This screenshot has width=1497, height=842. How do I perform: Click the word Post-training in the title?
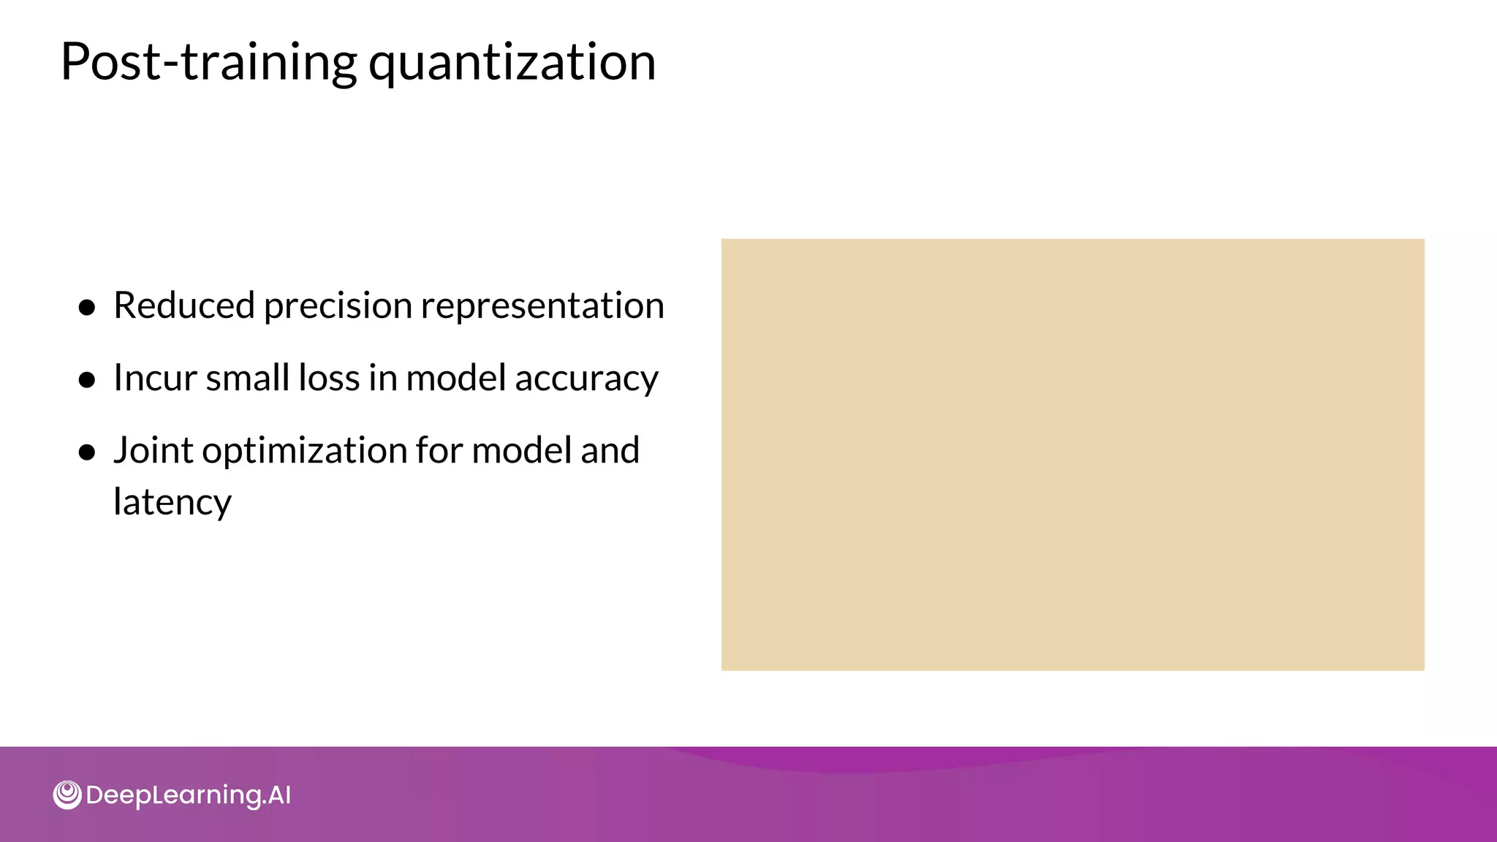[208, 62]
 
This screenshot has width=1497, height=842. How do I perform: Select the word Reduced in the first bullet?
[184, 306]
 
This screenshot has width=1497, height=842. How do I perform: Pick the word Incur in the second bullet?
[155, 379]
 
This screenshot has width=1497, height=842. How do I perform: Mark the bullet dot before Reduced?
[88, 308]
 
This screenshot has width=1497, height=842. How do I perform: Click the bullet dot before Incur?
[88, 380]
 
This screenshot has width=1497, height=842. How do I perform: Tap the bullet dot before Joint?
[88, 452]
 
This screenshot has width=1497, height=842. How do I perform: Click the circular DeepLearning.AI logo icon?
[67, 794]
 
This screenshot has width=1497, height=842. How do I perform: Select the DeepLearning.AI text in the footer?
[188, 795]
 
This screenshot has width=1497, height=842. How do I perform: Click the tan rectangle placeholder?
[1072, 454]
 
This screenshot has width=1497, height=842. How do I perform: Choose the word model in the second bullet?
[455, 379]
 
